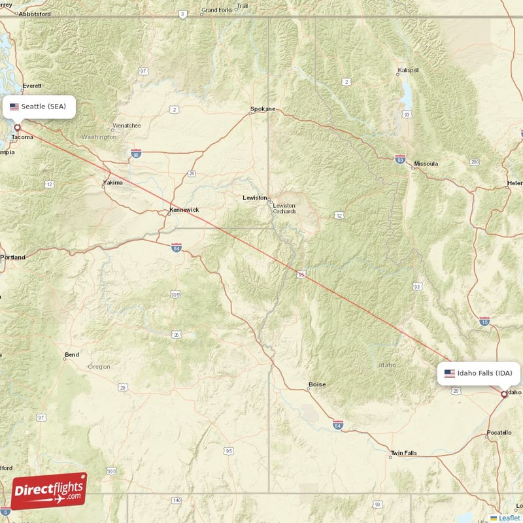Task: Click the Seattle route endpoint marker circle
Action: (x=18, y=128)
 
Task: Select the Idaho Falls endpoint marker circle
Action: (x=503, y=394)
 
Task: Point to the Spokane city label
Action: (x=263, y=109)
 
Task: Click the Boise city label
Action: (x=317, y=384)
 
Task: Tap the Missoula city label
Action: (x=426, y=163)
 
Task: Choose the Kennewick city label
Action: (x=184, y=210)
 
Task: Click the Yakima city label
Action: (x=112, y=182)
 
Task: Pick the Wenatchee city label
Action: (x=127, y=125)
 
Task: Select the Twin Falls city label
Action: (x=403, y=453)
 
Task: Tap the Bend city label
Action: (x=71, y=355)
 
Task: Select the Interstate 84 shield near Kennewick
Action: (x=176, y=248)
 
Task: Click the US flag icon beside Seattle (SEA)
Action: (x=14, y=107)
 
